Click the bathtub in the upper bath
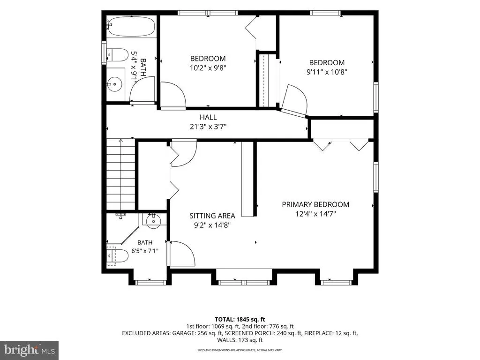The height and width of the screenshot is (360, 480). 131,27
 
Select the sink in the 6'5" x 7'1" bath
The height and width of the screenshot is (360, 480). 153,221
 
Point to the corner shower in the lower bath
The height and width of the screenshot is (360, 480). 122,228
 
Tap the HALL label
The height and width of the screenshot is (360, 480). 208,117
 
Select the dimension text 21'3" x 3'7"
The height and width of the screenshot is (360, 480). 208,127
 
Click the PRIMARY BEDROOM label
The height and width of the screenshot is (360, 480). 315,204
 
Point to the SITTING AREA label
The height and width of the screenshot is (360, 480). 212,216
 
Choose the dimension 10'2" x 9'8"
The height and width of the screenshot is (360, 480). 208,67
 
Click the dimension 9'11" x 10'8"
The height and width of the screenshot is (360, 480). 327,72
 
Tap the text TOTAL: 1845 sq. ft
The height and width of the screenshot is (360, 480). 240,320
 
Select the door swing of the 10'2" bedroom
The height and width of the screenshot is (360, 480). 173,96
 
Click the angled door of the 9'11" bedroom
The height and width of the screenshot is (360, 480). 294,101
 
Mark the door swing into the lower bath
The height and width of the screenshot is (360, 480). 182,254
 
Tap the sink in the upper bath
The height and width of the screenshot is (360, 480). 115,83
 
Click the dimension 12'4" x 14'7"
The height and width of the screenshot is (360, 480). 315,214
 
